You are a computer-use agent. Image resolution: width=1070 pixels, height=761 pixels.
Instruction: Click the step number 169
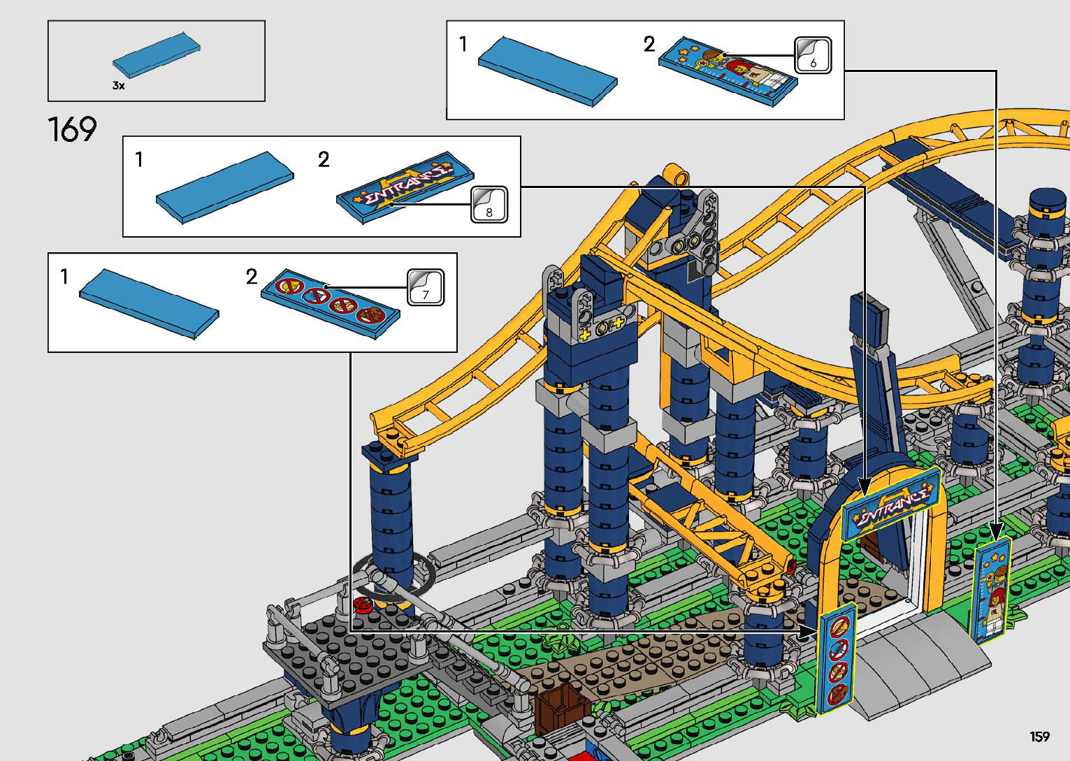point(72,129)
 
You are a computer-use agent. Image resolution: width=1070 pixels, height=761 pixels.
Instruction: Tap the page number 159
point(1039,736)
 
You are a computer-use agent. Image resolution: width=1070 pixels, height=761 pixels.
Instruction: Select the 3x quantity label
point(119,85)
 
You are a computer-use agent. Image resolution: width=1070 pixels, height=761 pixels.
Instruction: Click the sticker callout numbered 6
point(813,55)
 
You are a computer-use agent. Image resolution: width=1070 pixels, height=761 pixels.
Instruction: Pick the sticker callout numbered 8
point(489,205)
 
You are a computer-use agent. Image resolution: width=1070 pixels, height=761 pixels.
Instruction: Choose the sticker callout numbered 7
point(426,287)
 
